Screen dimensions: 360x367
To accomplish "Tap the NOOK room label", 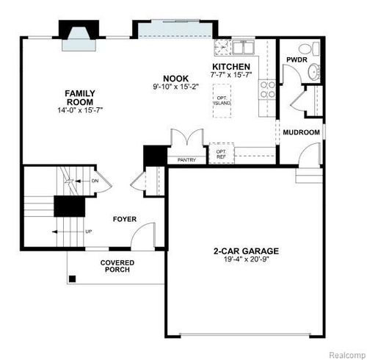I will [x=176, y=78].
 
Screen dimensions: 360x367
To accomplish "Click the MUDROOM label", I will [x=302, y=132].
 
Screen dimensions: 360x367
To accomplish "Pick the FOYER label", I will [x=125, y=219].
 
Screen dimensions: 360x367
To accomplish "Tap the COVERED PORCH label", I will [x=116, y=266].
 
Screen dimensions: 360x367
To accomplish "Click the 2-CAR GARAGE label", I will [x=246, y=251].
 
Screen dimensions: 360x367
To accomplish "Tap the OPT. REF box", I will [x=221, y=153].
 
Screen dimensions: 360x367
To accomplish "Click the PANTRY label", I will [x=187, y=159].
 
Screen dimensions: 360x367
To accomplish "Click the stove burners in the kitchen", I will [x=267, y=89].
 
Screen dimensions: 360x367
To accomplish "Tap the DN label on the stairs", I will [x=95, y=181].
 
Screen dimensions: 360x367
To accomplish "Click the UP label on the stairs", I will [x=89, y=231].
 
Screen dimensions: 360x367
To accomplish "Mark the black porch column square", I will [x=72, y=278].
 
